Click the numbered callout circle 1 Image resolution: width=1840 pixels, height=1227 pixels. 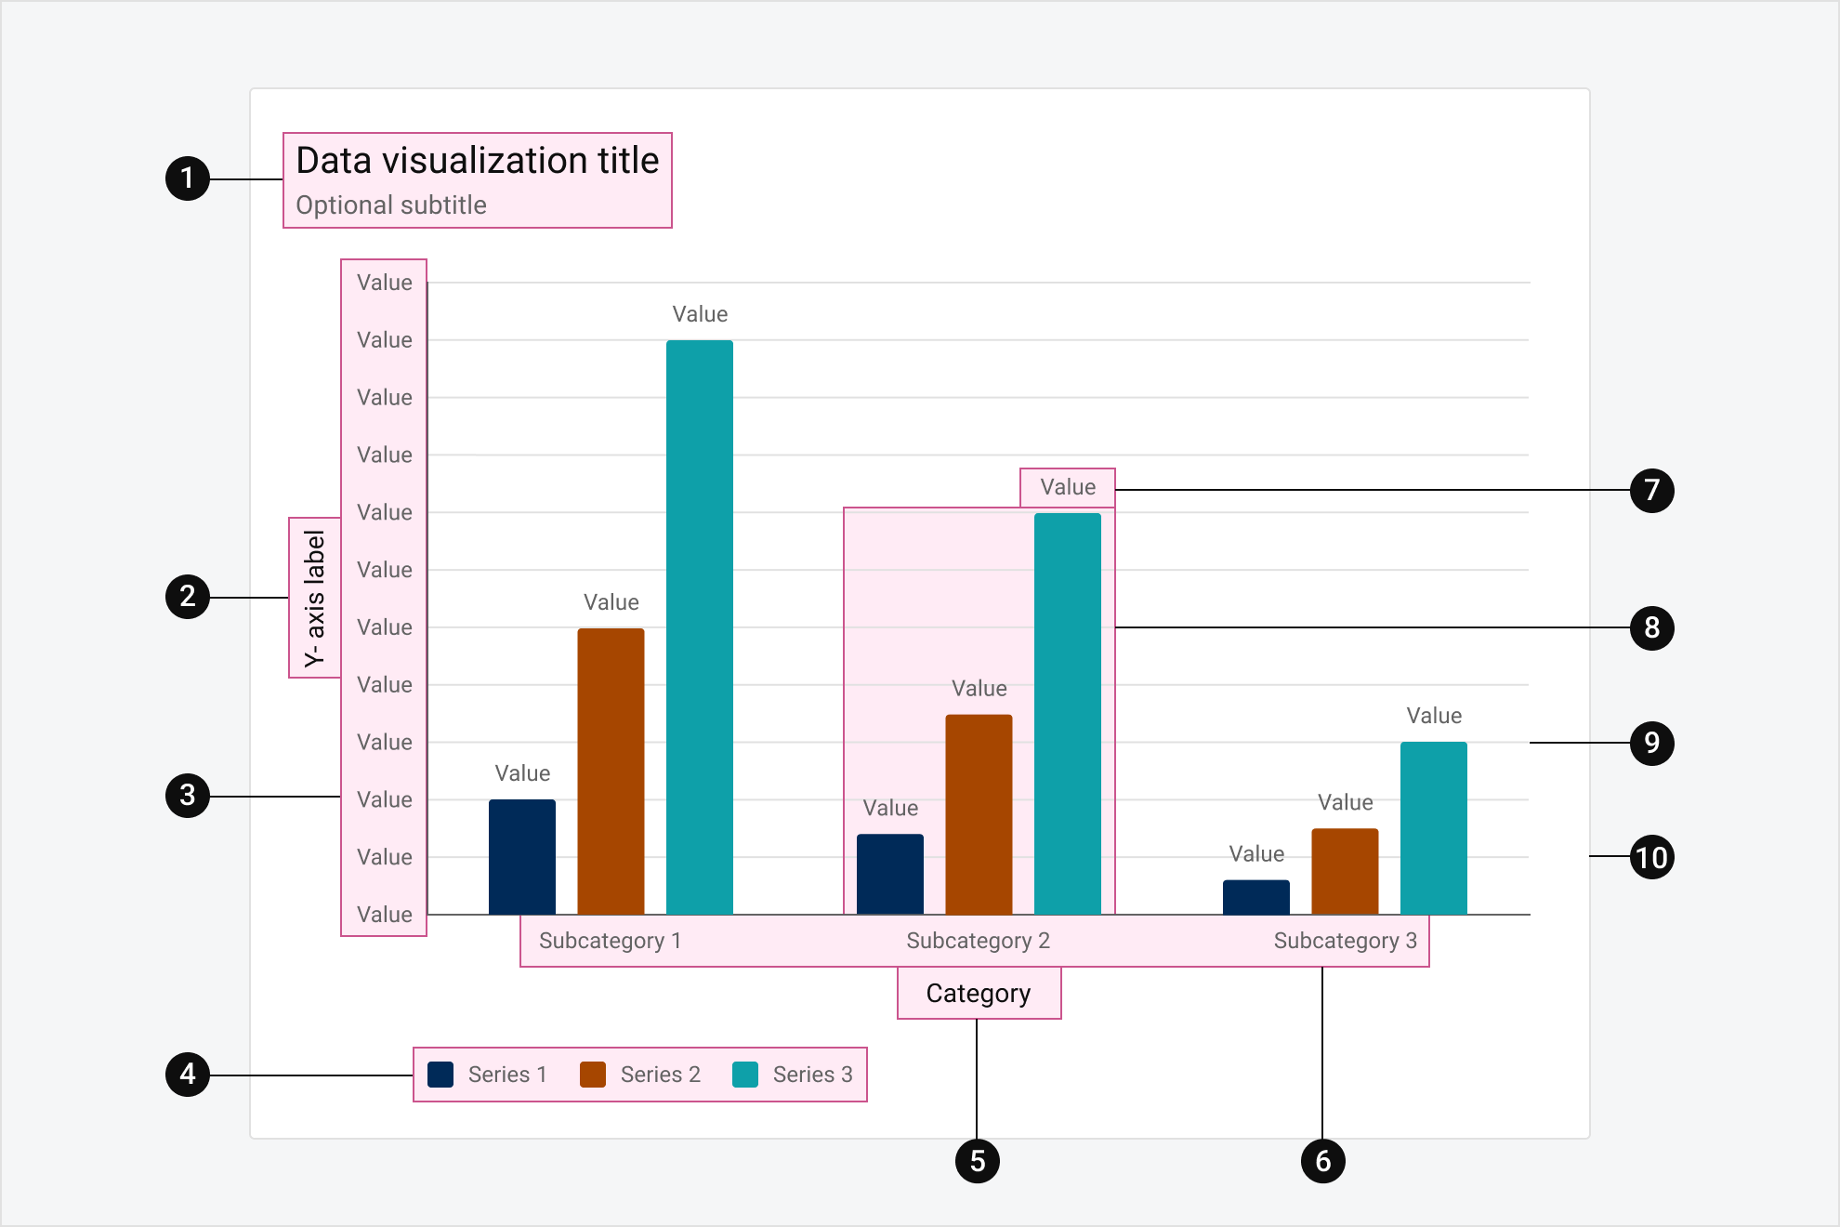(188, 178)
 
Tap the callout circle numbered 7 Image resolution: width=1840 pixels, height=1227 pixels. (1651, 490)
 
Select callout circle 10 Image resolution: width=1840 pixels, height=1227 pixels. (1651, 857)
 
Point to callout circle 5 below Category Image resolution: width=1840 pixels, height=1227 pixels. (977, 1161)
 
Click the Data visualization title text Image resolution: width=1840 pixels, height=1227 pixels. (477, 161)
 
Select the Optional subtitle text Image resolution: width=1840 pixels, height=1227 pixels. (391, 205)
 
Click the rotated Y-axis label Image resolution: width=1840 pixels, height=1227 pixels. (315, 598)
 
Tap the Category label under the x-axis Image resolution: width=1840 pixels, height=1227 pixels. (979, 994)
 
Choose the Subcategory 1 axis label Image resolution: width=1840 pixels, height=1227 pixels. (610, 941)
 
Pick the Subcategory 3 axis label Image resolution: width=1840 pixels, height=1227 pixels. (1345, 941)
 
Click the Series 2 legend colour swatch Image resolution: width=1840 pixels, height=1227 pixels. (593, 1075)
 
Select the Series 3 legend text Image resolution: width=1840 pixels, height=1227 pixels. (812, 1075)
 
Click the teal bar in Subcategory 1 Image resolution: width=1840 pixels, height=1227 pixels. (700, 627)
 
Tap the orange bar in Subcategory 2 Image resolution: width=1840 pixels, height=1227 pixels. (979, 814)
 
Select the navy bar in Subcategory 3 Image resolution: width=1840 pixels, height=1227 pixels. (1255, 897)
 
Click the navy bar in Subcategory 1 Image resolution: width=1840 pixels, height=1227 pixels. (522, 857)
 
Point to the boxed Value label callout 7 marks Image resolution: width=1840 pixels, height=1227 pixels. (1068, 487)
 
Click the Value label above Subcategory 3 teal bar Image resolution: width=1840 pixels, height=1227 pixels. (1434, 716)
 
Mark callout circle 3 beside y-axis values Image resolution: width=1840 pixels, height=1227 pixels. (188, 796)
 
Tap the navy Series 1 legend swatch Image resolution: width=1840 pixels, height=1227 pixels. (440, 1075)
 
